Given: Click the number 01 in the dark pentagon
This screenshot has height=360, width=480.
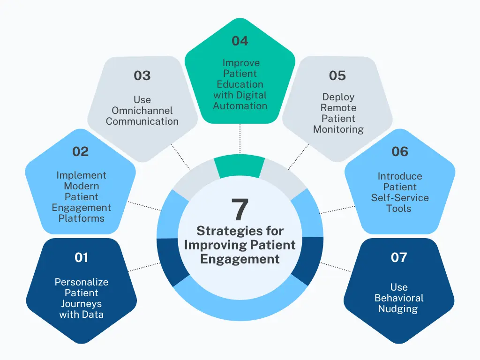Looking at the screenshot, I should (x=81, y=257).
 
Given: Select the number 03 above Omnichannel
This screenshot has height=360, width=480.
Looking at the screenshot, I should (x=142, y=75).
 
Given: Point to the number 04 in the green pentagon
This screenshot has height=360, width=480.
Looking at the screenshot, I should (x=240, y=41).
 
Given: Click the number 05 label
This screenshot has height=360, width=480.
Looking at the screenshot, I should (x=337, y=75).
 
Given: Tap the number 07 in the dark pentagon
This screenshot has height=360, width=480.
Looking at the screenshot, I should (x=399, y=257).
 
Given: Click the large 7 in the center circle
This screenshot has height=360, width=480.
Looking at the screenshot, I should (x=240, y=210).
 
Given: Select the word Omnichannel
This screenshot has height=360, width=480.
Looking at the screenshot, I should (x=142, y=111).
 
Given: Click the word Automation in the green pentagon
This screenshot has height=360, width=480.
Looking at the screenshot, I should (x=240, y=105).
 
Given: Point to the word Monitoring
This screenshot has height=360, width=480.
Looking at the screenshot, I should (x=338, y=129).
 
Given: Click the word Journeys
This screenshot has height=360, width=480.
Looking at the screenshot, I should (x=81, y=303).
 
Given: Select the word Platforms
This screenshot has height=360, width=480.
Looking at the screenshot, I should (x=81, y=218).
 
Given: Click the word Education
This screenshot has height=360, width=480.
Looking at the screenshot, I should (x=240, y=84).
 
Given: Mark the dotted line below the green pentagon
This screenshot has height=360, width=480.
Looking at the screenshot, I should (x=240, y=139).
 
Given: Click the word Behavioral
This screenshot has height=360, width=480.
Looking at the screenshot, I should (x=399, y=298).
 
